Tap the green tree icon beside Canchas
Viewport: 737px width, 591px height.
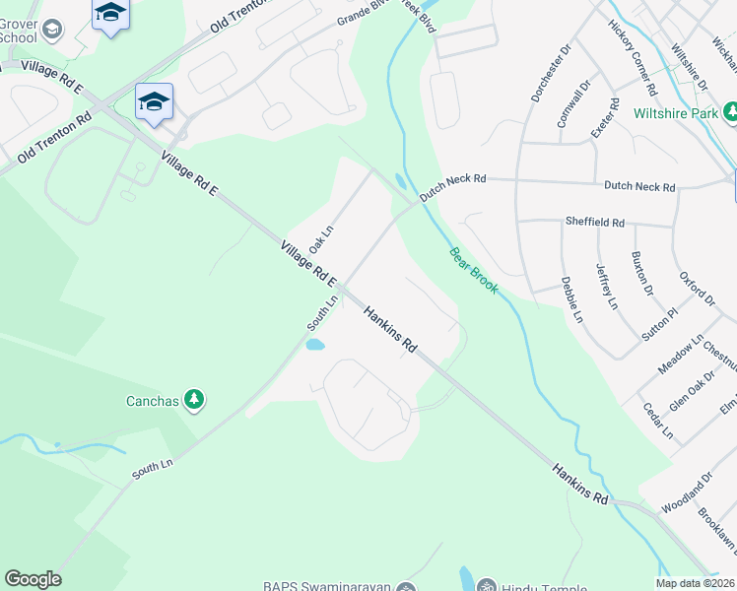click(x=195, y=399)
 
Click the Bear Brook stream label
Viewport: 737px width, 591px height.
click(x=474, y=272)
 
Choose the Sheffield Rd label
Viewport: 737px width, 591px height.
click(x=594, y=223)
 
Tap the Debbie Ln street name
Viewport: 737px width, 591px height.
click(x=571, y=299)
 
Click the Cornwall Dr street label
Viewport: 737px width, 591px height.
click(x=572, y=104)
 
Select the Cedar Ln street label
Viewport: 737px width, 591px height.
click(x=657, y=421)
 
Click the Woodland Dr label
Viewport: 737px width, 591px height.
click(x=687, y=492)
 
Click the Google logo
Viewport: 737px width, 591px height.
click(x=33, y=579)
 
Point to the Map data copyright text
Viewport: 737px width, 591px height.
click(x=694, y=583)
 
